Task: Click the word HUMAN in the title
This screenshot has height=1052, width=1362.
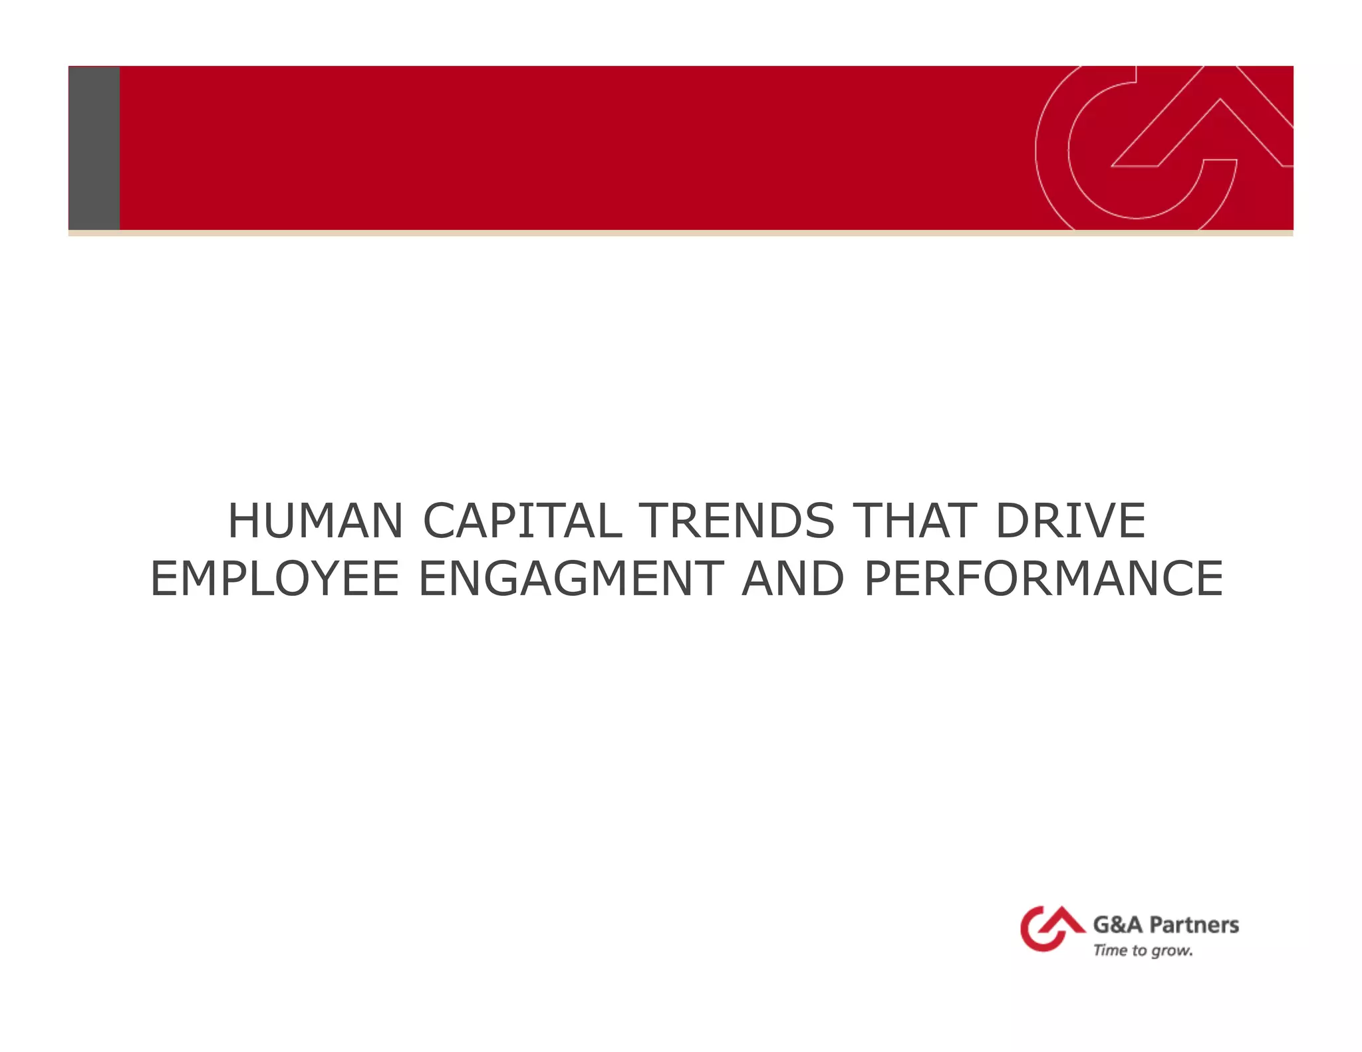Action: click(x=315, y=521)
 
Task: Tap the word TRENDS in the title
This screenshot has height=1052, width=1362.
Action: click(x=736, y=521)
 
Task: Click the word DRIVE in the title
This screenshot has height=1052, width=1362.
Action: click(x=1071, y=521)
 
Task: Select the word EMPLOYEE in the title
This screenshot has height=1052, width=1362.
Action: click(x=275, y=579)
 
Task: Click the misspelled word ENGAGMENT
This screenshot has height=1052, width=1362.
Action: click(x=571, y=579)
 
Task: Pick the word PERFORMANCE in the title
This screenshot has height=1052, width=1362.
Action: click(x=1043, y=579)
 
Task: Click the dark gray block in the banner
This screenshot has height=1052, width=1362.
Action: click(x=94, y=148)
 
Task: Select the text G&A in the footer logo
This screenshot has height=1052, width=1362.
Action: click(x=1118, y=925)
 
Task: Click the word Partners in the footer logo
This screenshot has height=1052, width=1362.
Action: click(x=1194, y=925)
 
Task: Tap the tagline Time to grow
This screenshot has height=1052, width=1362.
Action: click(x=1143, y=951)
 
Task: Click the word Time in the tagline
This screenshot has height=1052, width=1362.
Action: click(x=1110, y=951)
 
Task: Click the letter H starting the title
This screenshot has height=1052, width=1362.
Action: click(x=243, y=521)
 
